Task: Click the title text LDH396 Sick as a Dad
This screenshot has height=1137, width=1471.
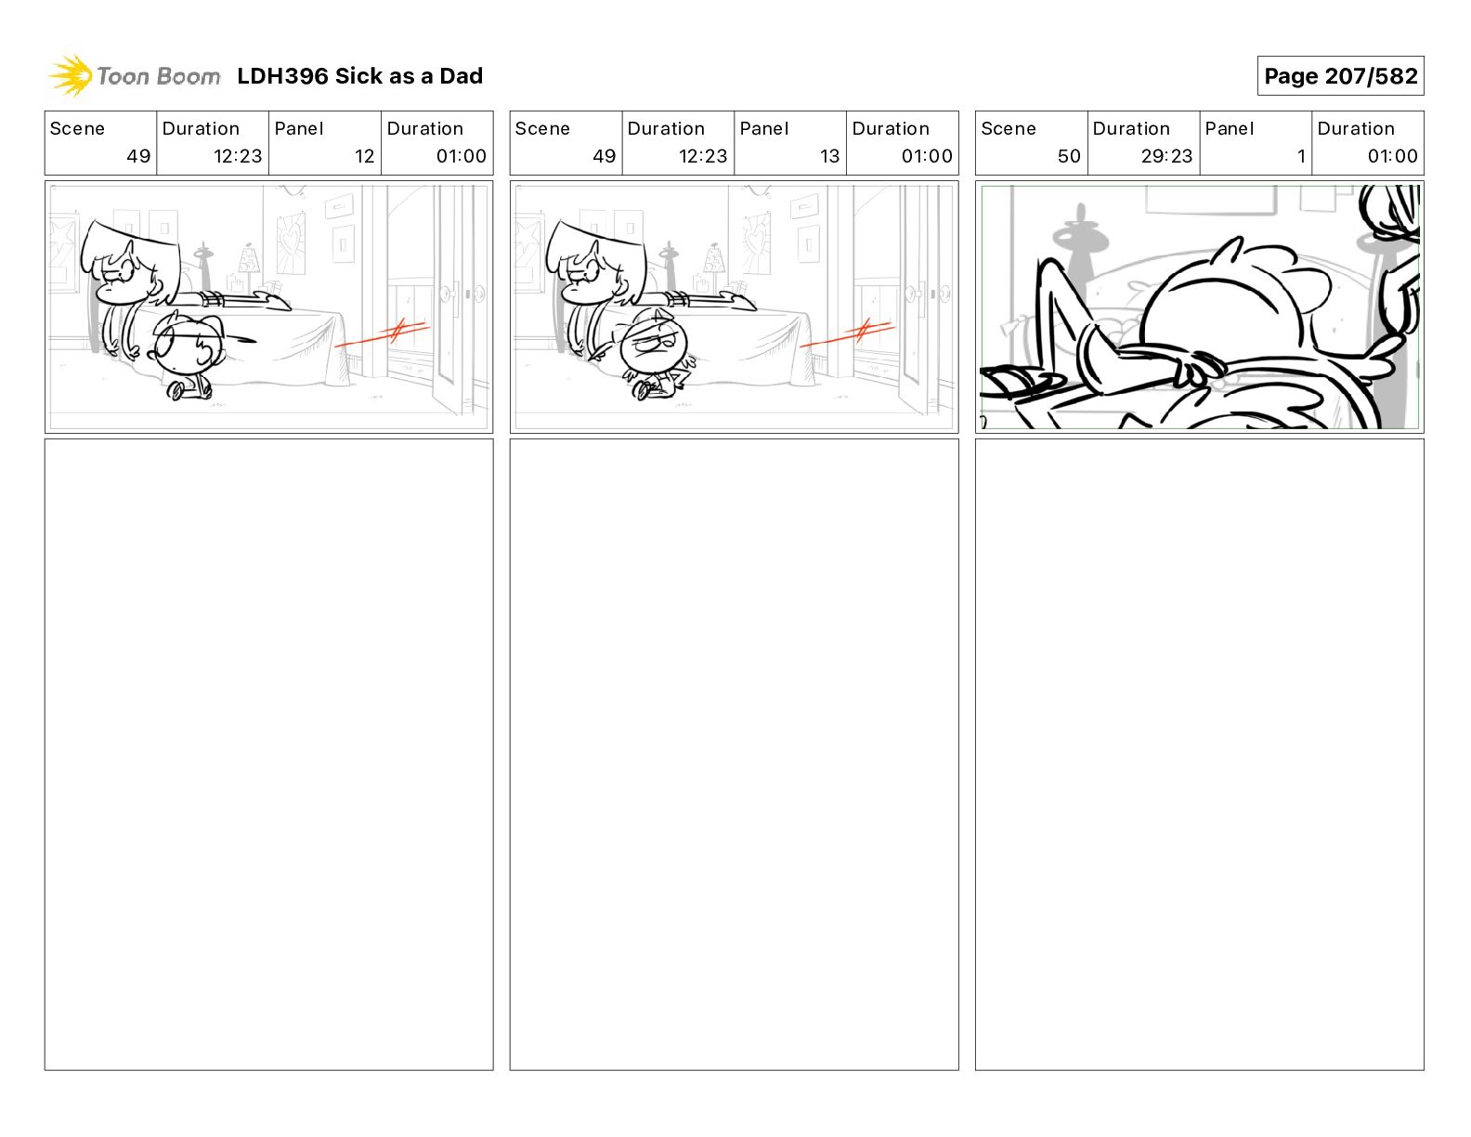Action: click(359, 76)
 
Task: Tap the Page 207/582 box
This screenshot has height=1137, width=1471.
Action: click(1340, 76)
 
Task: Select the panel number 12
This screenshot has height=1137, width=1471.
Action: click(364, 156)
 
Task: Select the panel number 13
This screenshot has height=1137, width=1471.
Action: click(829, 156)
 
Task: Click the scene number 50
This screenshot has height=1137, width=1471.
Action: click(1069, 156)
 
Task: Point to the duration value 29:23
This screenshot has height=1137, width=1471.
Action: click(1166, 156)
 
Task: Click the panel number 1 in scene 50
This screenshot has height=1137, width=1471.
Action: click(1300, 156)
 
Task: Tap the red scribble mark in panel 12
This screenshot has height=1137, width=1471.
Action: click(383, 333)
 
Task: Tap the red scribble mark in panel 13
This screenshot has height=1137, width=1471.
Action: click(848, 333)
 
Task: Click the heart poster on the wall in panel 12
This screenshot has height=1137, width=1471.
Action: click(292, 243)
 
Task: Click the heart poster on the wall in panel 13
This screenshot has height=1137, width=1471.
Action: click(757, 243)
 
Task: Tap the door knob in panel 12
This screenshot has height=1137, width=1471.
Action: click(448, 294)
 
